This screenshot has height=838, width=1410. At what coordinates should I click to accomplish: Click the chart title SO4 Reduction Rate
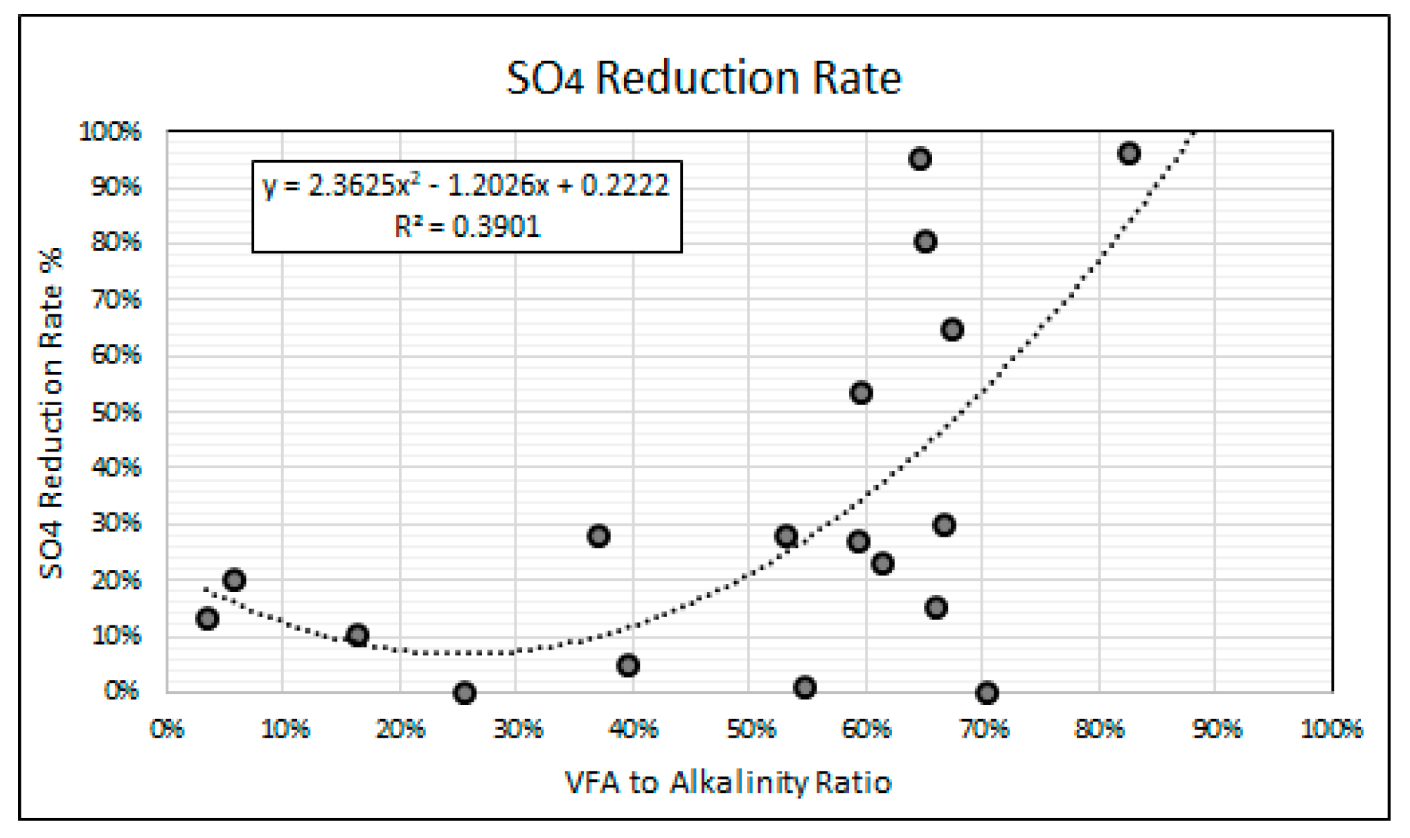(x=704, y=78)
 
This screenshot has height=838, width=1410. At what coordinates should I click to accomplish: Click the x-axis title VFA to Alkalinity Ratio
(x=728, y=783)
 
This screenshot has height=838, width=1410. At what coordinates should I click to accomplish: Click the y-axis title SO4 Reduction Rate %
(x=51, y=413)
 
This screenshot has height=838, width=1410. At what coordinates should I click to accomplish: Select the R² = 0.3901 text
(x=467, y=226)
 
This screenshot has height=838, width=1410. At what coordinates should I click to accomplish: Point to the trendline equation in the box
(x=465, y=186)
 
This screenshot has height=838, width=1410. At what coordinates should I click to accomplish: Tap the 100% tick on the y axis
(x=111, y=131)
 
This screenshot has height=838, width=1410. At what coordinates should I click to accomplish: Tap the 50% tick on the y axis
(x=116, y=412)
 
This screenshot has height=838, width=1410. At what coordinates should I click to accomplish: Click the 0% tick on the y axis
(x=122, y=690)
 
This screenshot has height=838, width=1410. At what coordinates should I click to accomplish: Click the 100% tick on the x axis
(x=1331, y=729)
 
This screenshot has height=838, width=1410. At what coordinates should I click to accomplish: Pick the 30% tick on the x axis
(x=517, y=729)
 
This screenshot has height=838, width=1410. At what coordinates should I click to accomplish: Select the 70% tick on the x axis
(x=984, y=729)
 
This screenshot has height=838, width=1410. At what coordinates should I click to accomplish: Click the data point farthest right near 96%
(x=1129, y=154)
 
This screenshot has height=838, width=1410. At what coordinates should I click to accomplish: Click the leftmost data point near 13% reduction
(x=207, y=618)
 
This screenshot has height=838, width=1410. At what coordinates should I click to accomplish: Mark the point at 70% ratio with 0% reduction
(x=987, y=693)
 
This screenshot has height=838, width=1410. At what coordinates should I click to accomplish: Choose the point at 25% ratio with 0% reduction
(x=465, y=693)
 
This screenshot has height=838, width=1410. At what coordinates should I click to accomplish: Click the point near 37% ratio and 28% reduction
(x=598, y=536)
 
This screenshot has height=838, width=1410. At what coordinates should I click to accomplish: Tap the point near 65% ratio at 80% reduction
(x=925, y=242)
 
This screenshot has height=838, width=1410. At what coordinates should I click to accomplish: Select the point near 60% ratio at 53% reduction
(x=861, y=393)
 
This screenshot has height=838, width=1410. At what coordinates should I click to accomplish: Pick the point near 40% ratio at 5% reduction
(x=627, y=666)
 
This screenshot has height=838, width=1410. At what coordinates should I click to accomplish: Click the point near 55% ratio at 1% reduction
(x=805, y=687)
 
